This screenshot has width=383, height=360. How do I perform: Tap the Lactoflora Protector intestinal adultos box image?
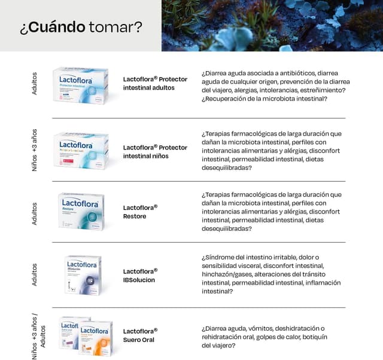(80, 85)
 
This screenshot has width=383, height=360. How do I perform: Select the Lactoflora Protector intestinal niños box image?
(80, 150)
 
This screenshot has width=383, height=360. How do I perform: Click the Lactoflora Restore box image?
(81, 211)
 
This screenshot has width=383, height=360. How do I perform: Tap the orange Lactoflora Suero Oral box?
(96, 338)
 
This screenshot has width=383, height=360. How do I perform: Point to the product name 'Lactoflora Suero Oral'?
(140, 335)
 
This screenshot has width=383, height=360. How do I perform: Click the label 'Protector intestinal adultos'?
(155, 83)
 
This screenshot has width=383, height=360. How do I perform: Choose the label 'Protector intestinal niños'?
(155, 152)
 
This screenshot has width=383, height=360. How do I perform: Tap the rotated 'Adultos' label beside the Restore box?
(34, 213)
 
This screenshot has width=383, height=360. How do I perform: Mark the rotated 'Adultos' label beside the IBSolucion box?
(34, 274)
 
